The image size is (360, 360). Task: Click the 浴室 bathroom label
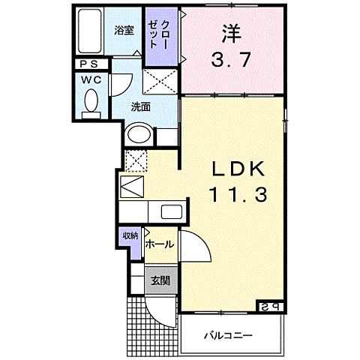pyautogui.click(x=124, y=30)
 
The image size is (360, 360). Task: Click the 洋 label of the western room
pyautogui.click(x=231, y=33)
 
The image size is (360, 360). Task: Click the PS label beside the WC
pyautogui.click(x=93, y=64)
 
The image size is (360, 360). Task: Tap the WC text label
pyautogui.click(x=92, y=79)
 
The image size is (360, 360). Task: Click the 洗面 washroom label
pyautogui.click(x=141, y=106)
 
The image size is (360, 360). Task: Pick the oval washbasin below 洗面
pyautogui.click(x=139, y=135)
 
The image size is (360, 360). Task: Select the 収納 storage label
pyautogui.click(x=130, y=236)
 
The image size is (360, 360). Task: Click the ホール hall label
pyautogui.click(x=159, y=244)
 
